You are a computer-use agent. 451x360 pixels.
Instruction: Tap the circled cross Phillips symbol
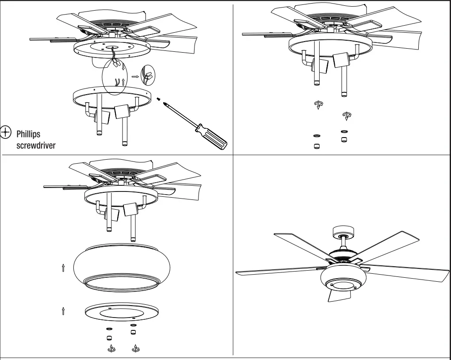[6, 132]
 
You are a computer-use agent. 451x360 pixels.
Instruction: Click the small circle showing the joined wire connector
[147, 75]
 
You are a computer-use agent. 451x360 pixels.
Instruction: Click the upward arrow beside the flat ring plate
[64, 310]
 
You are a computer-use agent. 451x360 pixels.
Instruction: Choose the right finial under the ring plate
[134, 349]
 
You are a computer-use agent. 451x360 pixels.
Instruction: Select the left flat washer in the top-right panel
[317, 136]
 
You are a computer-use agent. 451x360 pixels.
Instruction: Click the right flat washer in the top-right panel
[344, 131]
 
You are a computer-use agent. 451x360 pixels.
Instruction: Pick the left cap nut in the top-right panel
[317, 146]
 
